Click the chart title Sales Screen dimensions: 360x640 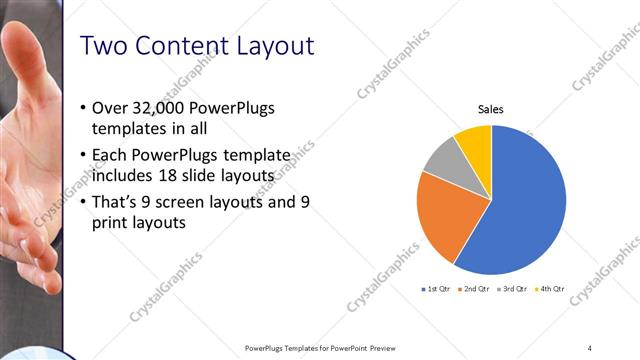pyautogui.click(x=490, y=110)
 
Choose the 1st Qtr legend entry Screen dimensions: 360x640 pyautogui.click(x=438, y=289)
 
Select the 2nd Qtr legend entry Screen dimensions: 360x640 pyautogui.click(x=476, y=289)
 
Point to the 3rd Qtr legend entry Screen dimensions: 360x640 pyautogui.click(x=514, y=289)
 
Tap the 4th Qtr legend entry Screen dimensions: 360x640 pyautogui.click(x=551, y=289)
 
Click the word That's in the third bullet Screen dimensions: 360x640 pyautogui.click(x=115, y=202)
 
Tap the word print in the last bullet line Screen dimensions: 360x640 pyautogui.click(x=110, y=224)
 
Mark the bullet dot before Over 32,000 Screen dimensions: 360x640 pyautogui.click(x=81, y=108)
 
